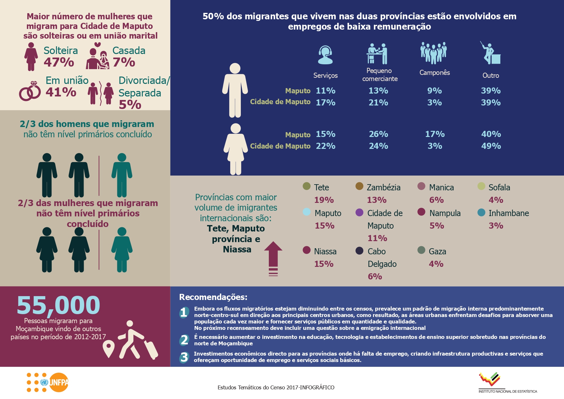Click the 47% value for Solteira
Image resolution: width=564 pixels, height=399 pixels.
point(59,62)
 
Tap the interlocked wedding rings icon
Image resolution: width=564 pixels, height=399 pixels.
point(30,91)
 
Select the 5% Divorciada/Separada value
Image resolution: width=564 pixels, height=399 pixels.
point(130,105)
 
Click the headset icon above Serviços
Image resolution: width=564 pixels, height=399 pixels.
point(325,55)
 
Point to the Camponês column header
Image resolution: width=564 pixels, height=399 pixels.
point(434,73)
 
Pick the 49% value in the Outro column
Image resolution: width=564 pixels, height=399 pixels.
point(491,146)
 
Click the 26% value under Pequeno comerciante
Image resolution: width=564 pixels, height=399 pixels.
point(378,134)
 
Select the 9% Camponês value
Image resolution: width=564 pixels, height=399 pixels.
point(434,91)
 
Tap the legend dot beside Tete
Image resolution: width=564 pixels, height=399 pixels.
point(306,186)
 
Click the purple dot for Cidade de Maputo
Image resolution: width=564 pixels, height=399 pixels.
point(359,212)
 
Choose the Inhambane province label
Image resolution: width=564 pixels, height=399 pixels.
point(508,213)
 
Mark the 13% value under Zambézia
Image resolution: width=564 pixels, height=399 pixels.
point(377,200)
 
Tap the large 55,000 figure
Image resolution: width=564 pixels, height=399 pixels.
point(59,305)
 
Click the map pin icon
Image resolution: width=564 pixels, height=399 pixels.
point(109,349)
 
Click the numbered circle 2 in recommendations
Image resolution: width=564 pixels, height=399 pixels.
point(184,340)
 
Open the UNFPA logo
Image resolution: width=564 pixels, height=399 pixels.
point(48,382)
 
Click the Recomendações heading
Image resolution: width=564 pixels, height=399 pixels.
point(213,297)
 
